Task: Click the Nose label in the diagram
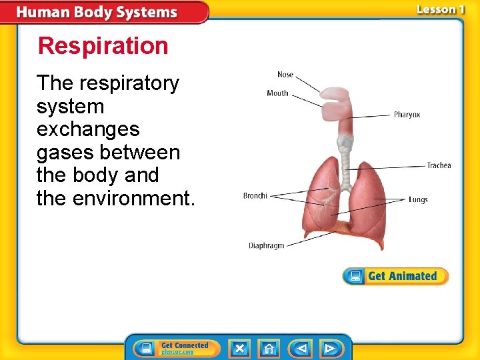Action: (285, 75)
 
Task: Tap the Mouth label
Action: (277, 93)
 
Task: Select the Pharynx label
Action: (407, 115)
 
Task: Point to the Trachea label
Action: (439, 165)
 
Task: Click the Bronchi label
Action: (255, 195)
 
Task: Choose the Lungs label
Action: (418, 199)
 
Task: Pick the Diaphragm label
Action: (267, 245)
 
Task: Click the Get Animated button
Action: (395, 276)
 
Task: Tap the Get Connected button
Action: (177, 348)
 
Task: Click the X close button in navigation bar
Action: (240, 348)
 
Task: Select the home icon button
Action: (269, 348)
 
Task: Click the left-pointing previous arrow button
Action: (301, 348)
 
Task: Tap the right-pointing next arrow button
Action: (330, 348)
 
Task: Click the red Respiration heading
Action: (103, 46)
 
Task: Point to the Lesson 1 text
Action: (440, 9)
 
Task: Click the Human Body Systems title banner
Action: (97, 13)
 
